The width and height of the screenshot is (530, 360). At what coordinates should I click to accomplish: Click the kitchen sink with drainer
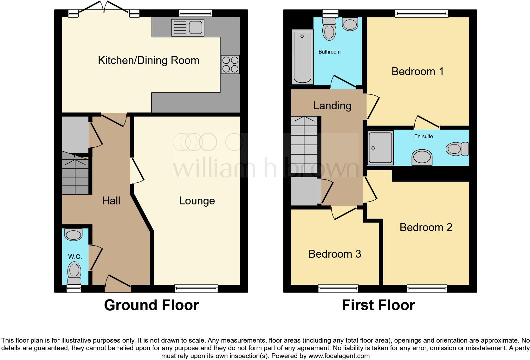click(187, 27)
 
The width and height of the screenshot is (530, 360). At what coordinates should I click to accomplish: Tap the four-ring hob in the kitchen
click(230, 64)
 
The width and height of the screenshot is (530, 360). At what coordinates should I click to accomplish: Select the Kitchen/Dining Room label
click(148, 60)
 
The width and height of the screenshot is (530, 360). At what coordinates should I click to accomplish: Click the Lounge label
click(197, 201)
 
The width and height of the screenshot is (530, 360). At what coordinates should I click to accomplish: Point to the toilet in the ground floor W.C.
click(74, 273)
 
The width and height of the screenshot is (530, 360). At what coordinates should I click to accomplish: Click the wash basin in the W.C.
click(73, 235)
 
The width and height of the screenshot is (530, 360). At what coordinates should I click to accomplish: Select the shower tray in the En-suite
click(380, 148)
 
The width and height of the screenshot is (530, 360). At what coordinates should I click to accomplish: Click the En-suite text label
click(423, 136)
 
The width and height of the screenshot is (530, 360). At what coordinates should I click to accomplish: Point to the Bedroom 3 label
click(335, 254)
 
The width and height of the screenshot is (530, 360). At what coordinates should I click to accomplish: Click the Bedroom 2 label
click(426, 227)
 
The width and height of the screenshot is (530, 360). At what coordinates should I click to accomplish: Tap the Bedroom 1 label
click(417, 71)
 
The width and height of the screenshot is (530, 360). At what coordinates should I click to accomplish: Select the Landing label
click(332, 106)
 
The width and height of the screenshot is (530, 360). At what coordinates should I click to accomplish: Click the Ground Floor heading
click(151, 305)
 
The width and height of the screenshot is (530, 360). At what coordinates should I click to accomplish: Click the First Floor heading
click(378, 305)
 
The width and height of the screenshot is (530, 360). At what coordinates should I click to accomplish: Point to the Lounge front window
click(196, 288)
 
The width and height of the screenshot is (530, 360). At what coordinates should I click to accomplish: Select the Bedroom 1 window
click(421, 13)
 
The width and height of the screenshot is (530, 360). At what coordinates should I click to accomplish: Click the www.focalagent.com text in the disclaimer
click(339, 356)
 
